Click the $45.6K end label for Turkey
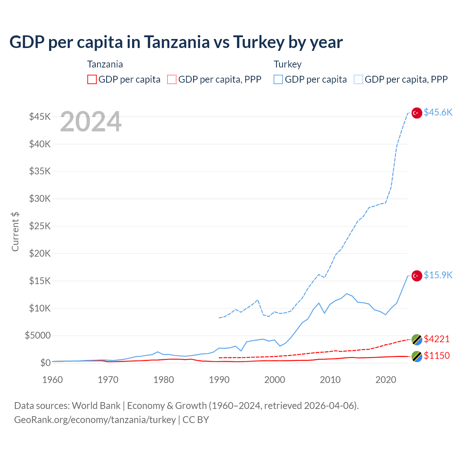click(438, 113)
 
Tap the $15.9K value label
click(438, 275)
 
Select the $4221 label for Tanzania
click(437, 339)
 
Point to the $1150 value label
click(437, 356)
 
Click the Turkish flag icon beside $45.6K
click(417, 113)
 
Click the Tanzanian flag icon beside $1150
click(417, 356)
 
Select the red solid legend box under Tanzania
click(92, 79)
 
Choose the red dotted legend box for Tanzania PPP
click(172, 79)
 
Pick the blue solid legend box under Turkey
click(278, 79)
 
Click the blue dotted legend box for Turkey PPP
click(358, 79)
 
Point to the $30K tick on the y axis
click(40, 199)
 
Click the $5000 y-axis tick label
click(38, 336)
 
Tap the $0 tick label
click(45, 363)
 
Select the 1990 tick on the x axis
click(219, 380)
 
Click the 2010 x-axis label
click(330, 380)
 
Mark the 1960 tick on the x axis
click(53, 380)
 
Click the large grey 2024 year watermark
click(91, 122)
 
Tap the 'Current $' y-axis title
click(15, 232)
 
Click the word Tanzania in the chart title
click(177, 42)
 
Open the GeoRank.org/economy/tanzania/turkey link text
click(95, 420)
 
